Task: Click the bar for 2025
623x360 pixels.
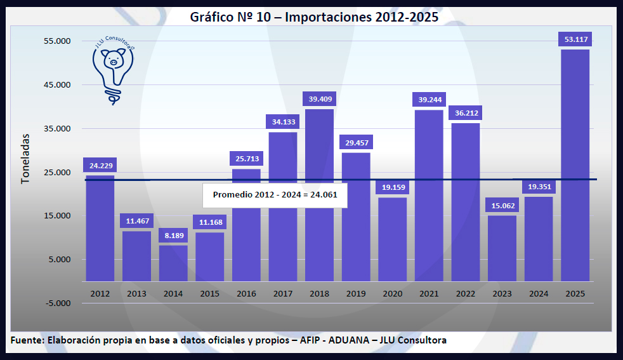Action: [x=575, y=165]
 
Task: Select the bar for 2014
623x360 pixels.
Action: [x=173, y=263]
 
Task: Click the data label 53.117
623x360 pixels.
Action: [x=575, y=40]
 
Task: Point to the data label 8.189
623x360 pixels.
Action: [x=173, y=236]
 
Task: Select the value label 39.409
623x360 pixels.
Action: [x=320, y=99]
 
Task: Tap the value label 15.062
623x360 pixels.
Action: [x=502, y=206]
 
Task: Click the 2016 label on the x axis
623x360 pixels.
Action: [x=246, y=294]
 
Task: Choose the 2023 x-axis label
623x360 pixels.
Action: [x=502, y=294]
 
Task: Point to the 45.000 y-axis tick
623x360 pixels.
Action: [x=57, y=85]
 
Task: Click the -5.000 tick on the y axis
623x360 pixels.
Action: [x=57, y=303]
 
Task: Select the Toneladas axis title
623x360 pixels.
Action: [x=25, y=158]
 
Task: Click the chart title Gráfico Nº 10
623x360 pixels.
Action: [x=314, y=17]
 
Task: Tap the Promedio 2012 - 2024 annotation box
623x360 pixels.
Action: [x=275, y=195]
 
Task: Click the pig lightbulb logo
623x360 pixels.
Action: [x=114, y=67]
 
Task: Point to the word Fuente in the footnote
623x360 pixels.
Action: [x=27, y=340]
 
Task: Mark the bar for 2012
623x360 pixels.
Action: [x=100, y=229]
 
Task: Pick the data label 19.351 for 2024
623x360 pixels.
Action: [x=539, y=187]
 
